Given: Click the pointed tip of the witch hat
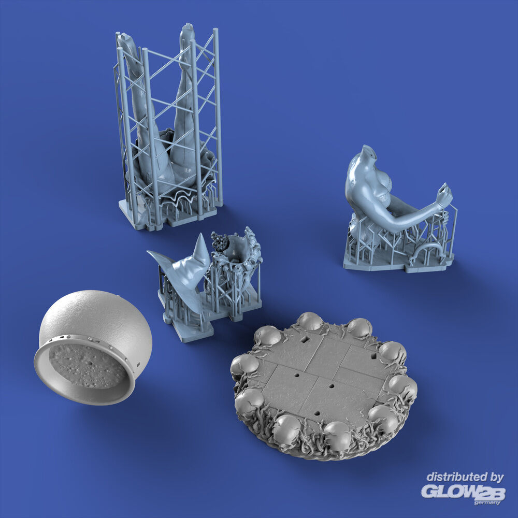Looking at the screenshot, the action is [x=200, y=234].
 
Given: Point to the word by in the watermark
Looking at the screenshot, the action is [x=496, y=478].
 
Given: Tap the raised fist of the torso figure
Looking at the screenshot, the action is [x=444, y=195].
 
